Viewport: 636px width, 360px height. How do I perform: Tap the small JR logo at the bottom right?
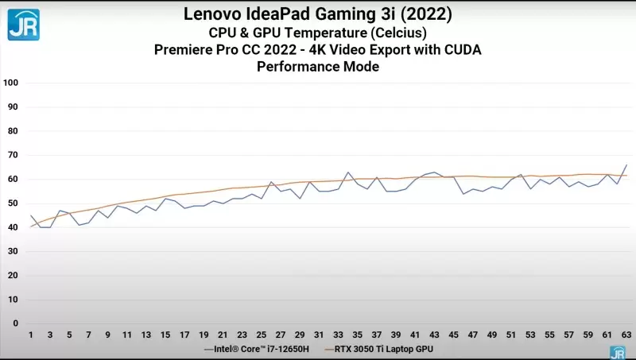(617, 351)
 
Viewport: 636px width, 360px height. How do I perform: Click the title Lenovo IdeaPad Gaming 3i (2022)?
(317, 14)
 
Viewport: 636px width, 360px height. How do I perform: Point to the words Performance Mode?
(317, 68)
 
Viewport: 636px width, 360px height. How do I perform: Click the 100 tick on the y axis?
(11, 83)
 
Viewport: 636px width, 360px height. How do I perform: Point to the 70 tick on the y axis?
(13, 155)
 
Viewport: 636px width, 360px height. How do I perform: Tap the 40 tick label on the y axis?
(13, 227)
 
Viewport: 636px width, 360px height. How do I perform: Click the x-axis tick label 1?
(31, 335)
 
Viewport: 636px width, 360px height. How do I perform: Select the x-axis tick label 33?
(338, 335)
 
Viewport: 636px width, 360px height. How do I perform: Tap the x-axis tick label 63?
(626, 335)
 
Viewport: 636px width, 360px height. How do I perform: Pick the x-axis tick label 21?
(223, 335)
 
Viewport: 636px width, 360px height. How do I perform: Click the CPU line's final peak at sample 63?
(626, 165)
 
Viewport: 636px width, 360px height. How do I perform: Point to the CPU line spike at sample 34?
(347, 172)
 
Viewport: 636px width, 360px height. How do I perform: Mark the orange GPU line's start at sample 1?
(31, 226)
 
